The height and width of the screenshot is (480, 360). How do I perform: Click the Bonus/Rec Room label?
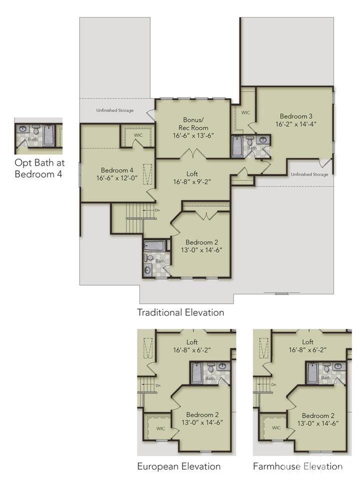(193, 124)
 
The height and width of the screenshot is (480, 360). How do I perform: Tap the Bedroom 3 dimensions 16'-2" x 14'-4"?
(296, 124)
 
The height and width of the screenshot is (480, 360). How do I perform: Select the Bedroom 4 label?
(117, 170)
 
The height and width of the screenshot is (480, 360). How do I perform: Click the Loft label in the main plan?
(192, 174)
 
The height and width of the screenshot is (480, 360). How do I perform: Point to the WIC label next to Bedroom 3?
(245, 113)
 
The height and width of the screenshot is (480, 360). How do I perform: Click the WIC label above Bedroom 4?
(138, 135)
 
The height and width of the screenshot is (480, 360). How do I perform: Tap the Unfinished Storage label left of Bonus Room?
(115, 110)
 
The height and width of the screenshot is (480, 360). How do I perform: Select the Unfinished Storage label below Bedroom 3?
(309, 175)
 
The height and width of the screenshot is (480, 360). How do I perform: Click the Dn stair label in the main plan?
(157, 210)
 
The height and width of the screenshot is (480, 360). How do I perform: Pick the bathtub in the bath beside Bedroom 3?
(237, 146)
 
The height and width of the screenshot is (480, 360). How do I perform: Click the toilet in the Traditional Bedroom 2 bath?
(149, 257)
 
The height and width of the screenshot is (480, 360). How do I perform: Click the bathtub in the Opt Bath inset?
(48, 135)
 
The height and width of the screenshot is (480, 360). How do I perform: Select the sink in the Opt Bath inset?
(22, 129)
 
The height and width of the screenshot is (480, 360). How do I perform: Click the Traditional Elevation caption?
(180, 312)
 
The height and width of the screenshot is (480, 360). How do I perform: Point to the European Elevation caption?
(179, 466)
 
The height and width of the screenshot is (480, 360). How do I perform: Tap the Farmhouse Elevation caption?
(297, 466)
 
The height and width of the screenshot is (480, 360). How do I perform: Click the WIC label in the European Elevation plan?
(160, 428)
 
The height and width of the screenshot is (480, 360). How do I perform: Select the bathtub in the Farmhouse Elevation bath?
(312, 373)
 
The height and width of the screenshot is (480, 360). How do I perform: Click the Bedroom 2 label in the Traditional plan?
(202, 242)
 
